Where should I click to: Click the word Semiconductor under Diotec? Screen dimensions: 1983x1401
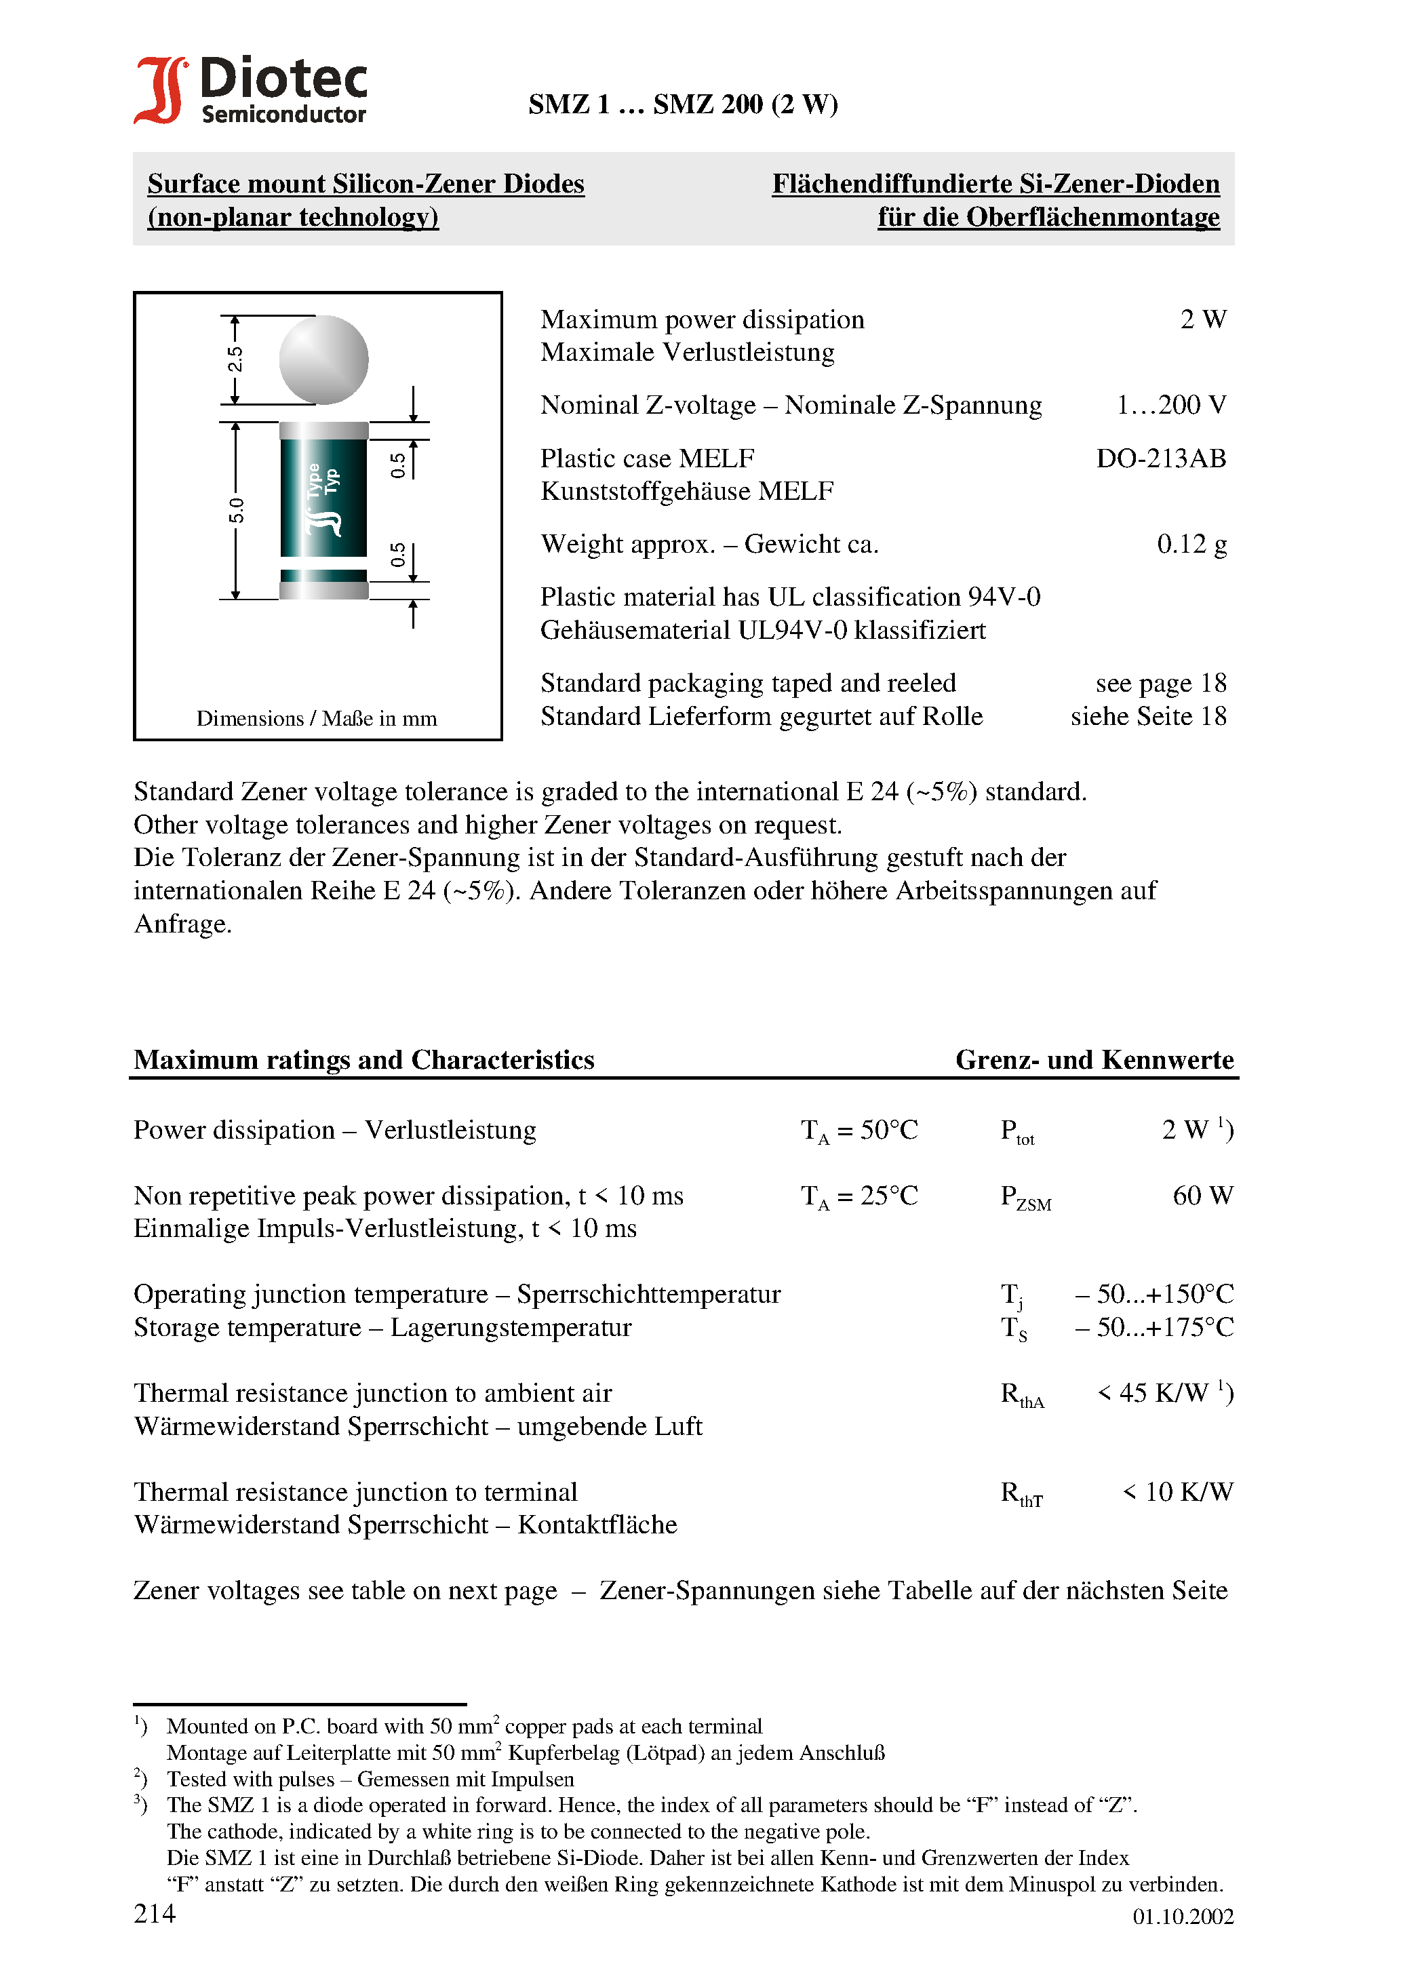point(283,114)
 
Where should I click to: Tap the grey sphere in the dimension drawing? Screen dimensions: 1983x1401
point(324,359)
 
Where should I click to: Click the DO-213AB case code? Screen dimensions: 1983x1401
point(1160,458)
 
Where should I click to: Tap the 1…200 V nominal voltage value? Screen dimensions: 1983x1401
point(1170,404)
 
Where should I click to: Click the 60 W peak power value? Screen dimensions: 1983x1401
point(1202,1196)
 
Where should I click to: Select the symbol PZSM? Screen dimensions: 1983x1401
point(1025,1197)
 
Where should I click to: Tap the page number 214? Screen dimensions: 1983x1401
point(155,1913)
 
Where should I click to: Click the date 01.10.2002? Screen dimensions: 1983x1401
point(1183,1917)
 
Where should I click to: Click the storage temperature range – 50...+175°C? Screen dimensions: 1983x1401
point(1154,1327)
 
